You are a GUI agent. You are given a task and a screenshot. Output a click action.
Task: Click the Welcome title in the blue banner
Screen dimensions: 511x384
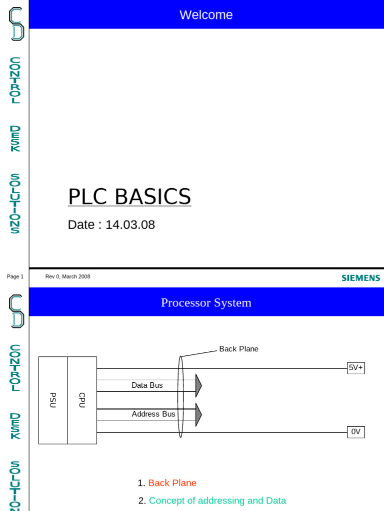206,15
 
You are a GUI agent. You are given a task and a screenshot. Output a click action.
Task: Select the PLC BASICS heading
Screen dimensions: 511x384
129,197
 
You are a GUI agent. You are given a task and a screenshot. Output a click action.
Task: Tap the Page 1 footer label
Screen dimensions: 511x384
15,276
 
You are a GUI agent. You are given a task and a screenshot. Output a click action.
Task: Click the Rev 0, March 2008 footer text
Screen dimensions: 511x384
67,276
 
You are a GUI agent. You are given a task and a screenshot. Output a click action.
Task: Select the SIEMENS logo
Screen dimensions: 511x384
360,278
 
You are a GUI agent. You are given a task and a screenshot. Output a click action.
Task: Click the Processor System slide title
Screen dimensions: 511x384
206,303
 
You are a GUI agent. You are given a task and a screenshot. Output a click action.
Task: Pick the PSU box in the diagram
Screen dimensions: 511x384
53,400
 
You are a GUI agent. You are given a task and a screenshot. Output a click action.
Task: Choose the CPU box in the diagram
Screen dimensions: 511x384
82,400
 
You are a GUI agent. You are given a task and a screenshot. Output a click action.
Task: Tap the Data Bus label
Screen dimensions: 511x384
147,385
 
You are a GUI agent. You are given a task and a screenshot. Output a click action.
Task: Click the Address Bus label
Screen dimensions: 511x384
153,414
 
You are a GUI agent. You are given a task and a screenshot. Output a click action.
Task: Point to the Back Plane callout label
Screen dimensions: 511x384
238,349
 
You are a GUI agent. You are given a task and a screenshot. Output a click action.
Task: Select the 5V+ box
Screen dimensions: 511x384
356,368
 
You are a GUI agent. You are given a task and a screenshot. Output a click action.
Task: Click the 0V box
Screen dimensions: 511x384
356,432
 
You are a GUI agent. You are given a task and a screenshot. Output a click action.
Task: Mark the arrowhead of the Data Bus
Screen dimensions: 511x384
198,385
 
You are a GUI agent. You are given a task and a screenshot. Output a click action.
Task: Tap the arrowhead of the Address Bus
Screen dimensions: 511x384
198,415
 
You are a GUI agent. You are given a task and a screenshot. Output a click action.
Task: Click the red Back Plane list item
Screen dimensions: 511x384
172,483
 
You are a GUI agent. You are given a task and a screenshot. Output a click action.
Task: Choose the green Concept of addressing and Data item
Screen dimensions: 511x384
217,501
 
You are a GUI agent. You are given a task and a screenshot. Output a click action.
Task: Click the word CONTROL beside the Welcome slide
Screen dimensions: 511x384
15,80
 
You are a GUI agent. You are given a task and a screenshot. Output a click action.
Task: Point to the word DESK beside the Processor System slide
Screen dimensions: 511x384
15,426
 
